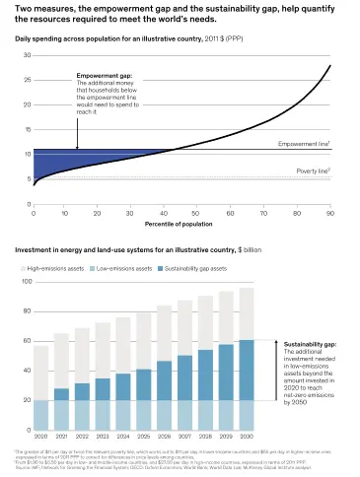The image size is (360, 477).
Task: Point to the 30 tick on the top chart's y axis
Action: (x=26, y=55)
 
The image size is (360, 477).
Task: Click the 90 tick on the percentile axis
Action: (x=329, y=212)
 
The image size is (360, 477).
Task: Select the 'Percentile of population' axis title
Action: (x=181, y=225)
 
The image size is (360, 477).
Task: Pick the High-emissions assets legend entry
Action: (x=56, y=267)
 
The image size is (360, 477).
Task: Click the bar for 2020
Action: (x=40, y=394)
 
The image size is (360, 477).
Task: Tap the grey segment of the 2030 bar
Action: (x=247, y=313)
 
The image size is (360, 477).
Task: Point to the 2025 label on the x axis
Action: (x=144, y=435)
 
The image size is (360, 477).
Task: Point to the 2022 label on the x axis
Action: (x=82, y=435)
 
